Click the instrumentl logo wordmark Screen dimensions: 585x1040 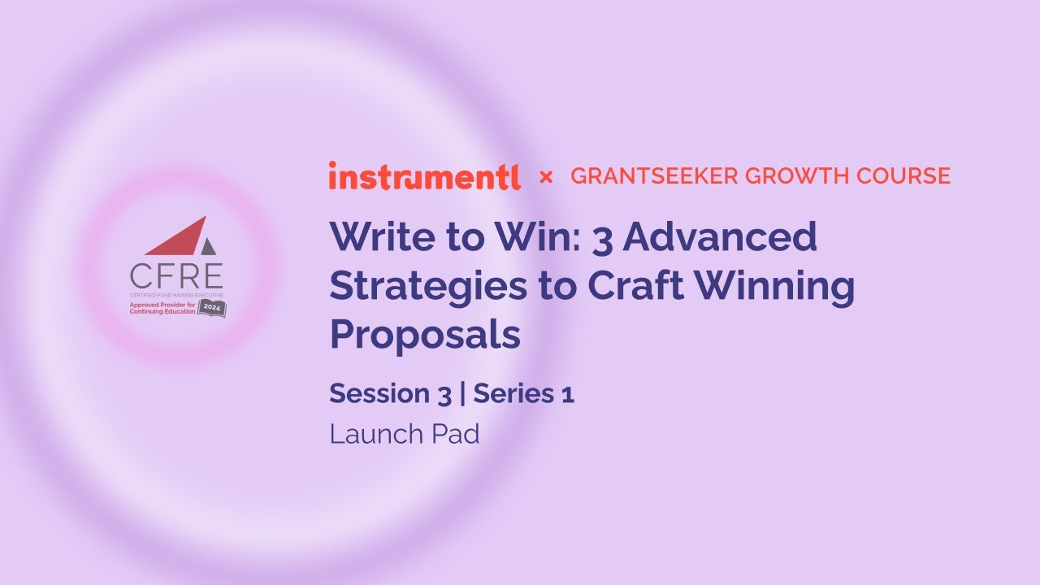424,175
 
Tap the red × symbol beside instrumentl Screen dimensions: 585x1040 546,176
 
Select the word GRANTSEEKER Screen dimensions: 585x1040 647,176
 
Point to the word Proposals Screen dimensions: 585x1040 424,335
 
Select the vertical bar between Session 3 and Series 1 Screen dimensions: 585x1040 462,394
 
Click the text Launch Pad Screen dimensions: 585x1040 405,434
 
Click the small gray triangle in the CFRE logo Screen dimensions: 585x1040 209,246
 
